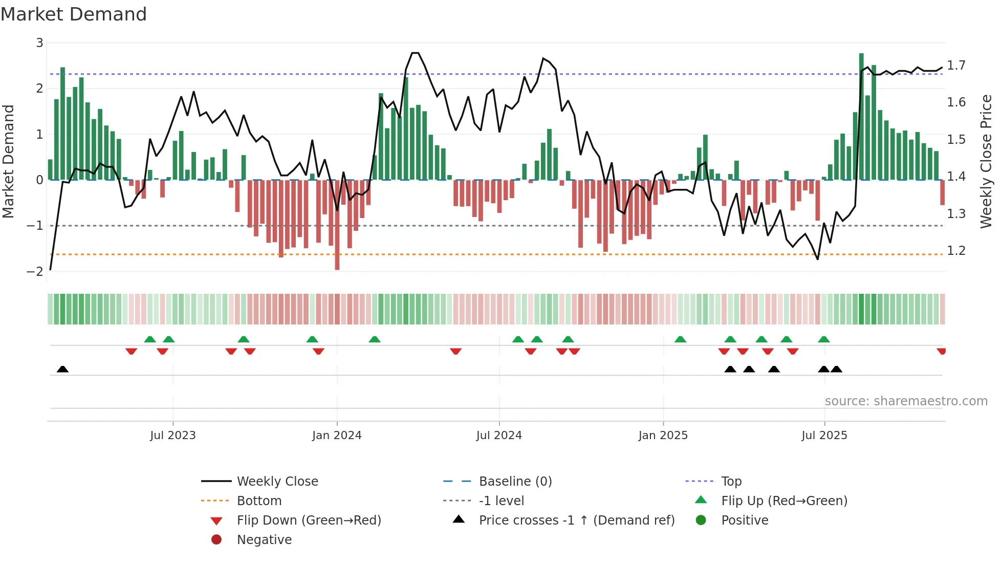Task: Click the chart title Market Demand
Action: click(74, 14)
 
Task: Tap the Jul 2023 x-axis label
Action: click(172, 436)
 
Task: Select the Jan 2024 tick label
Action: click(337, 436)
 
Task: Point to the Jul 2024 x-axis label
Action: click(499, 436)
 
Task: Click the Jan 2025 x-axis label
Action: click(663, 436)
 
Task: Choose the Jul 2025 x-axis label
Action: click(824, 436)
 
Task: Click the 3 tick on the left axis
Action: click(39, 43)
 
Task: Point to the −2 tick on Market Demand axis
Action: click(35, 272)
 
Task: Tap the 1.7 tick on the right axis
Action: click(956, 66)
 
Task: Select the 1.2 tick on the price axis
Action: click(956, 251)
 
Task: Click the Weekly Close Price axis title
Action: click(986, 161)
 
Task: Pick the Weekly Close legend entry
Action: click(277, 482)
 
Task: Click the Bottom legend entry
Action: click(259, 501)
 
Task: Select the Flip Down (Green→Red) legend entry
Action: click(309, 520)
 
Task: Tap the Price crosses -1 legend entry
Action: click(576, 520)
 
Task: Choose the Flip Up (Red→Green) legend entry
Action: click(784, 501)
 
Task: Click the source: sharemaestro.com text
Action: click(906, 401)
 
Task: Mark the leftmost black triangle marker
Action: click(62, 369)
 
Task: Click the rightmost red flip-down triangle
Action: click(941, 351)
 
